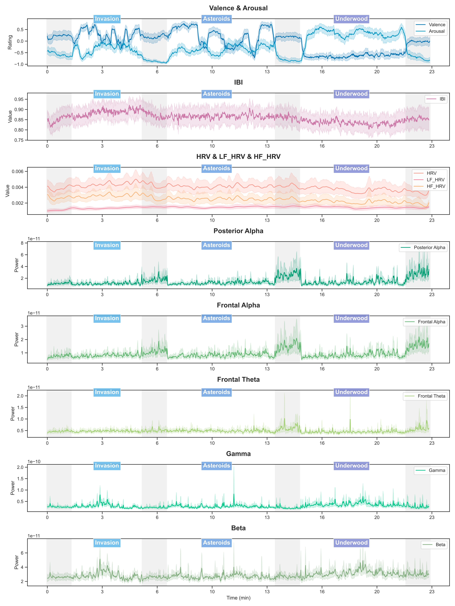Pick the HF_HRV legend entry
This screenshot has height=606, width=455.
click(435, 186)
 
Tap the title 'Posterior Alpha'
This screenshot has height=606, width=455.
click(238, 231)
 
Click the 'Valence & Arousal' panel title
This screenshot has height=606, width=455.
click(238, 8)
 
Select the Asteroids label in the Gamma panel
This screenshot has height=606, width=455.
click(216, 466)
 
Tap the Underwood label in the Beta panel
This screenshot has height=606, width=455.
click(351, 543)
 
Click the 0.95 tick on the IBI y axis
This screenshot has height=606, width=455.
click(19, 99)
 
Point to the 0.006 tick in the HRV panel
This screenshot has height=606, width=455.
click(18, 171)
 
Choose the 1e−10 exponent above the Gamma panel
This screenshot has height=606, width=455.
click(34, 462)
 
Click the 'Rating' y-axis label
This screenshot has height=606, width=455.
click(10, 42)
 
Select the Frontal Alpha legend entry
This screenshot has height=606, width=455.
click(431, 322)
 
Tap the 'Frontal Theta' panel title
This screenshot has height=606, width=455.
click(238, 379)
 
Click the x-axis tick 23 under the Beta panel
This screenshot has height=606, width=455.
click(432, 591)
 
